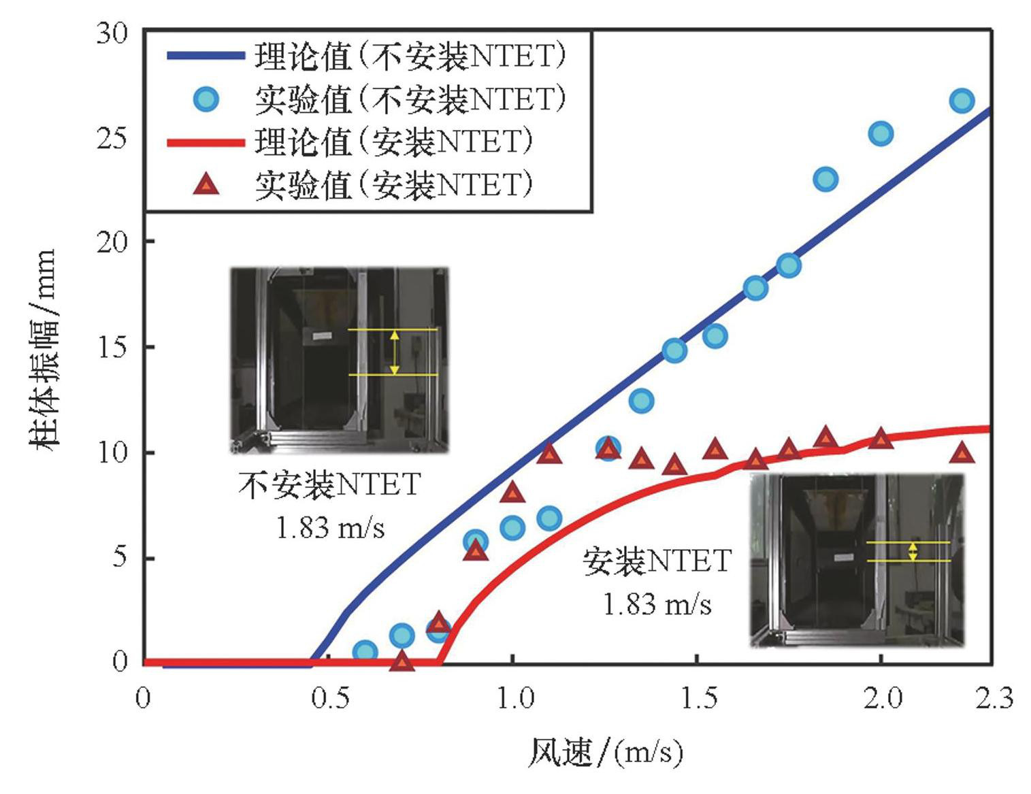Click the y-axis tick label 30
pos(112,33)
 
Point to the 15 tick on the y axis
pos(112,347)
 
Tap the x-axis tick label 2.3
pos(994,699)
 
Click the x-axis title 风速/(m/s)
pos(606,752)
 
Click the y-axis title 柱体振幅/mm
pos(42,347)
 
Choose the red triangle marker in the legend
pos(206,184)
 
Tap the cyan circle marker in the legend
pos(206,99)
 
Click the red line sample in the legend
pos(206,142)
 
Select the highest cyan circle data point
pos(961,101)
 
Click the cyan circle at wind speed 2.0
pos(881,133)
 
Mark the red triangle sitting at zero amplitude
pos(402,661)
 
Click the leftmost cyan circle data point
pos(365,651)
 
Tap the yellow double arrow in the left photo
pos(394,352)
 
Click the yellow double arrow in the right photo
pos(913,551)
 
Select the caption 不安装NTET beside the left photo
pos(330,485)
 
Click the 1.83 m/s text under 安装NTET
pos(657,604)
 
